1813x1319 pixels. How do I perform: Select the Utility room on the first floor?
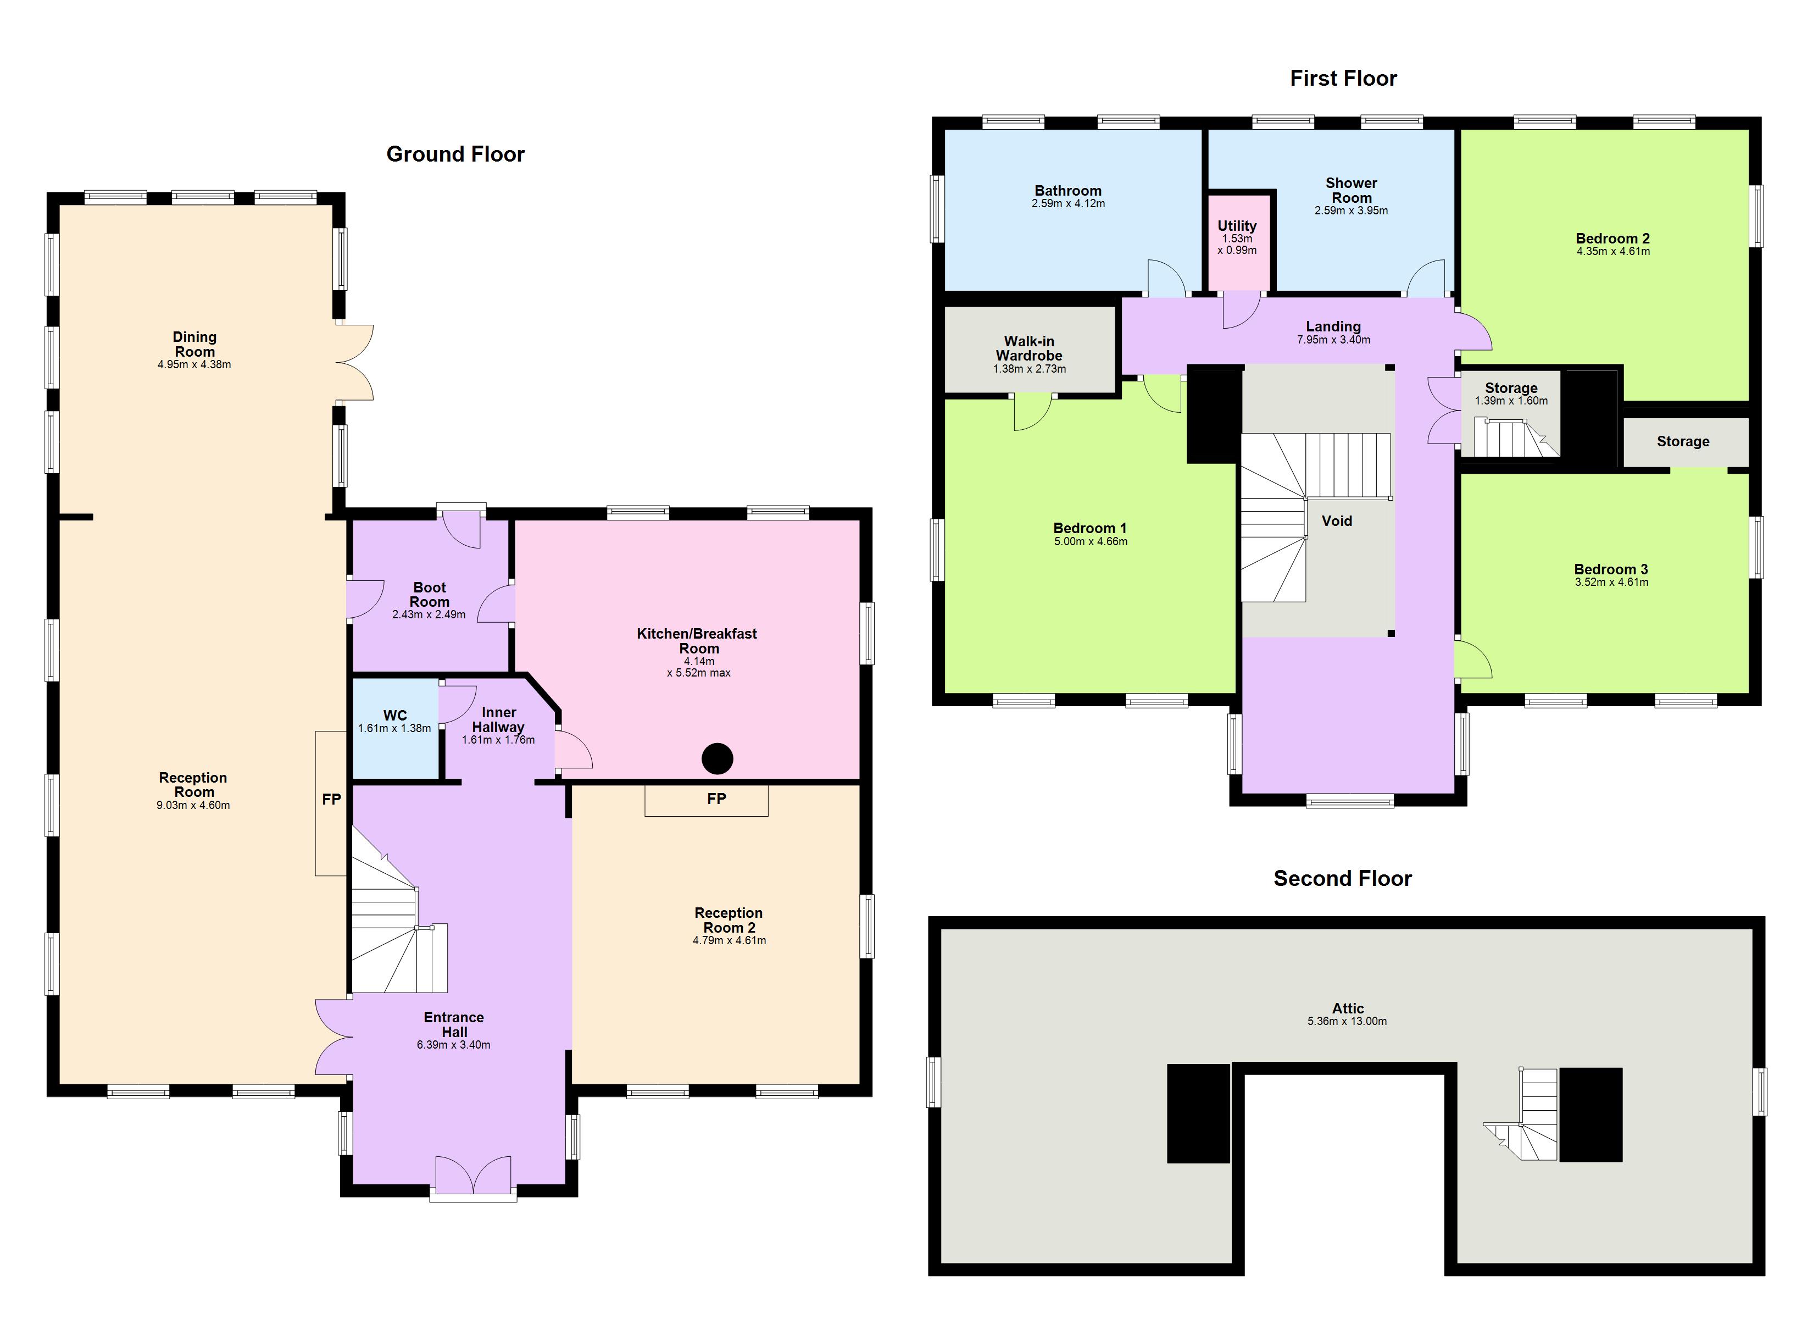pyautogui.click(x=1237, y=237)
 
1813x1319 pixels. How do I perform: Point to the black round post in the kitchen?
pyautogui.click(x=717, y=758)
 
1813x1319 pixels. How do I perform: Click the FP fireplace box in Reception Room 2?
pyautogui.click(x=707, y=799)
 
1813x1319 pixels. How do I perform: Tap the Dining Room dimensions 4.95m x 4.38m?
pyautogui.click(x=194, y=365)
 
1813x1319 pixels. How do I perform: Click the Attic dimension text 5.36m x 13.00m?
pyautogui.click(x=1347, y=1022)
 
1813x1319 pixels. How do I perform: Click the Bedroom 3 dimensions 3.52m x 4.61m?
pyautogui.click(x=1611, y=583)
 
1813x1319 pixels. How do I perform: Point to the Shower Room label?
pyautogui.click(x=1351, y=190)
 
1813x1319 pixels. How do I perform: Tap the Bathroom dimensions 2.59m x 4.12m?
pyautogui.click(x=1068, y=204)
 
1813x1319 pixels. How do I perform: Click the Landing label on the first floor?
pyautogui.click(x=1333, y=326)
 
